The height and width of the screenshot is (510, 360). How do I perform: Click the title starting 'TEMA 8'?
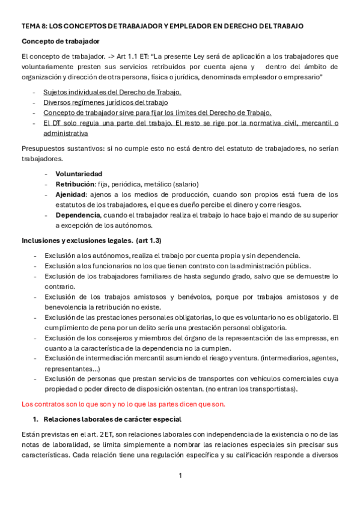click(162, 26)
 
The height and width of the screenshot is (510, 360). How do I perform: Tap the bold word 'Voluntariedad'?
click(79, 174)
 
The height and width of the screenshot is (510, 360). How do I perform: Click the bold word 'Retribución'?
click(76, 184)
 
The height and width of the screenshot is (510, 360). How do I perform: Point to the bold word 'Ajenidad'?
click(71, 194)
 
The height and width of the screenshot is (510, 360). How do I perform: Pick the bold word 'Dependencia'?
click(78, 215)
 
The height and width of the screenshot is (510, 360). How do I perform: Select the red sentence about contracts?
click(123, 404)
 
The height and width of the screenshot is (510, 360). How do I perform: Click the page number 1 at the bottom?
click(180, 476)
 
